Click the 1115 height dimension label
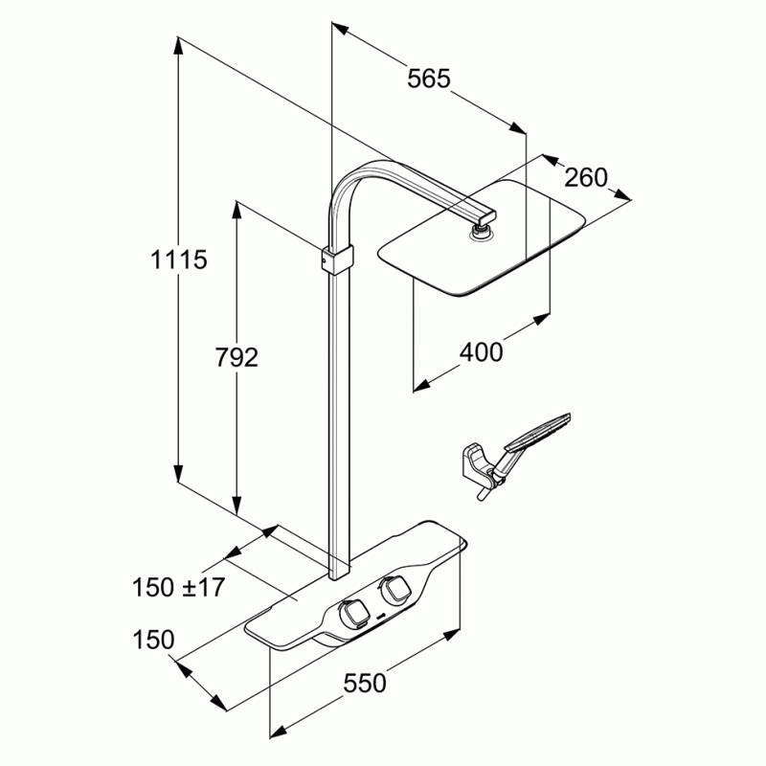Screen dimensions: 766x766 [x=178, y=259]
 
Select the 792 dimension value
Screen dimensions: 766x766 [x=237, y=357]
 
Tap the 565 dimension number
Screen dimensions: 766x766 [x=428, y=79]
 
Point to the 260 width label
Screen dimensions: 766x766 [x=586, y=177]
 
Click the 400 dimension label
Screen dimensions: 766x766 [x=481, y=352]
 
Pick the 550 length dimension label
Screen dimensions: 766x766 [x=365, y=683]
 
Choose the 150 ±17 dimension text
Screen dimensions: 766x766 [x=178, y=587]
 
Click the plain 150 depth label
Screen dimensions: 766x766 [x=153, y=639]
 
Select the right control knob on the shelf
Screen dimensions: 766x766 [x=394, y=590]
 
